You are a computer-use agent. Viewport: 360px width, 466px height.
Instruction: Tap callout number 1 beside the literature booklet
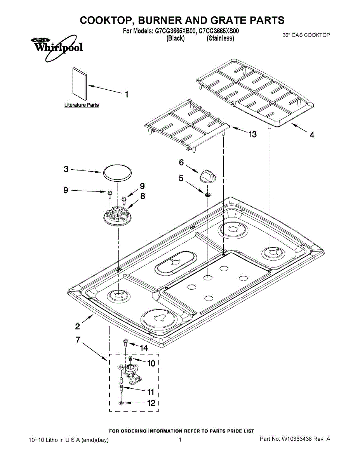(126, 94)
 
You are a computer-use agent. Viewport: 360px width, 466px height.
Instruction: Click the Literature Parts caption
(81, 105)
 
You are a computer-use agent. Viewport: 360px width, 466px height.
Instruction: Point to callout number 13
(252, 134)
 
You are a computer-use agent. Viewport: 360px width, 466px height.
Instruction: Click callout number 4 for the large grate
(311, 135)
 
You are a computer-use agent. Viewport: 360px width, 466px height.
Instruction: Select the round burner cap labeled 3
(117, 172)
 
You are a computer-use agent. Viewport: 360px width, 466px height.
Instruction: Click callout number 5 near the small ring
(181, 178)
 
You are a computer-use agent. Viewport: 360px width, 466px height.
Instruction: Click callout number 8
(143, 196)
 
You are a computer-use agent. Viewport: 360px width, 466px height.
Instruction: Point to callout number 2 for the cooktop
(78, 326)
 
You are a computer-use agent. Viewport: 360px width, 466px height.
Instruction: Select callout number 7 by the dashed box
(78, 339)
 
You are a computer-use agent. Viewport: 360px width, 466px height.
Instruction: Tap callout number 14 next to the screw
(144, 348)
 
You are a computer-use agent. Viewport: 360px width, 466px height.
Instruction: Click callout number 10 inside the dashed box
(151, 363)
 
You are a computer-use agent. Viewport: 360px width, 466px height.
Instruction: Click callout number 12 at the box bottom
(151, 403)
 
